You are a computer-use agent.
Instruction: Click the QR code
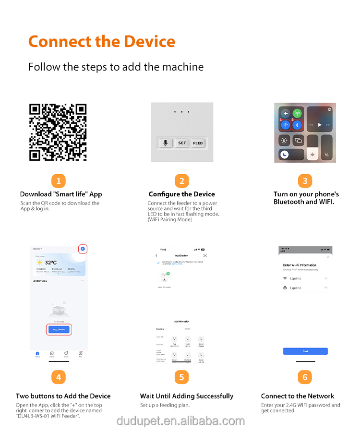coord(58,132)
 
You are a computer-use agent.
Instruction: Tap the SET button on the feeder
coord(182,143)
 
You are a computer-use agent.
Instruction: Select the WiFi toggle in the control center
coord(286,125)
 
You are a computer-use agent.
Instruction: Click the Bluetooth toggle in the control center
coord(297,125)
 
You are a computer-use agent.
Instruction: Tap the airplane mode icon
coord(286,114)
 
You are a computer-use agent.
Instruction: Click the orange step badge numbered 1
coord(58,181)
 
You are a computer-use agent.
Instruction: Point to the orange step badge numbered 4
coord(58,377)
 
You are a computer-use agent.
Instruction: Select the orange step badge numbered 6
coord(305,377)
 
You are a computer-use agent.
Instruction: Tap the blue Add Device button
coord(59,329)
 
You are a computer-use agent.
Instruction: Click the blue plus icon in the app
coord(83,249)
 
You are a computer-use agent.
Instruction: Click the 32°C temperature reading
coord(51,263)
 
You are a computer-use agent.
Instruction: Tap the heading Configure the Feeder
coord(181,194)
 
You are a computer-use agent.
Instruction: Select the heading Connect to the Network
coord(298,396)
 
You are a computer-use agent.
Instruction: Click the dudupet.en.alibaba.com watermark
coord(180,421)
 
